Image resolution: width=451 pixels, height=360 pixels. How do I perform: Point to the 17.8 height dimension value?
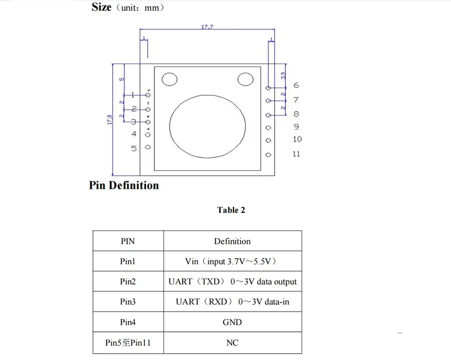tap(109, 121)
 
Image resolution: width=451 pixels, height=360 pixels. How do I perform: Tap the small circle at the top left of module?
tap(169, 79)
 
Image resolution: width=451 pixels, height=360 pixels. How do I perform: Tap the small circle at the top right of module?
tap(246, 79)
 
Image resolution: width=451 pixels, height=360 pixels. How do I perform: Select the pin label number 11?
tap(297, 154)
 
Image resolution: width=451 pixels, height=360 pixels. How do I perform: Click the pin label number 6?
tap(297, 86)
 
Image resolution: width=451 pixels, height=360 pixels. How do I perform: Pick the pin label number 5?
tap(134, 148)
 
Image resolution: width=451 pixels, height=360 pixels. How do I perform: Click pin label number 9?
tap(297, 127)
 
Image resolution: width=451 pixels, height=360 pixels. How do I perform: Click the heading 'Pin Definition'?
tap(124, 185)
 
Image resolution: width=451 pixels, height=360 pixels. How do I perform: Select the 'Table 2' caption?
tap(231, 210)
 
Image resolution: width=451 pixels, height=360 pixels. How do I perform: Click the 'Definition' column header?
tap(232, 241)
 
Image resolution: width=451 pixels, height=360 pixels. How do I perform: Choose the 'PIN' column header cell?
tap(128, 241)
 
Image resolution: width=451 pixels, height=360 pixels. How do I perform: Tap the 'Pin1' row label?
tap(128, 261)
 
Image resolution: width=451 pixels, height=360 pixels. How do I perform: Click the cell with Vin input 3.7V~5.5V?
tap(232, 261)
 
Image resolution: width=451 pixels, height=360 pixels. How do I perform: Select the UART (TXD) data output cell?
tap(232, 282)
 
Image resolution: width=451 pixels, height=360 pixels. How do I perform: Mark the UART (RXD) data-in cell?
tap(232, 302)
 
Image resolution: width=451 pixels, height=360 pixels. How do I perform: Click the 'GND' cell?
tap(232, 322)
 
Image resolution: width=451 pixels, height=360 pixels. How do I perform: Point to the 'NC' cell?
tap(232, 342)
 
